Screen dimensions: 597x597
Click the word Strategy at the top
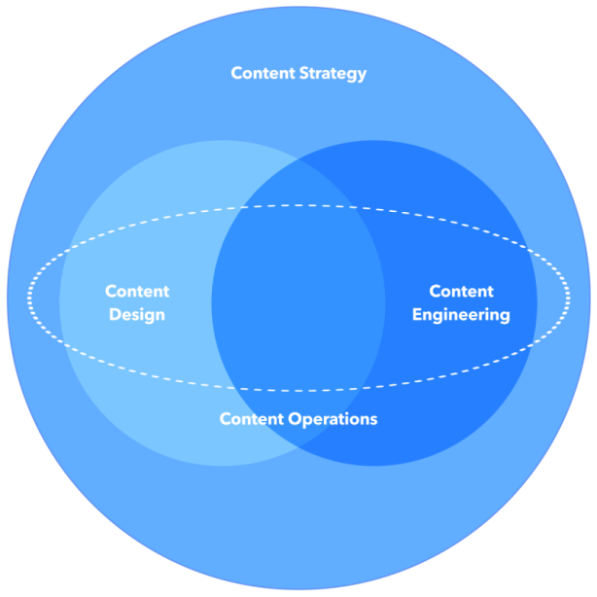333,74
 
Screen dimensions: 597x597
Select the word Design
137,315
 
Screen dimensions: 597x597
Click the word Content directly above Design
137,292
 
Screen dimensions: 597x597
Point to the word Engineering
461,315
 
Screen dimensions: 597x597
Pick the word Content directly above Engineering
461,292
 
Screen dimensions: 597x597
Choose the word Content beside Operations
252,420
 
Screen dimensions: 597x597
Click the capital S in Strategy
302,73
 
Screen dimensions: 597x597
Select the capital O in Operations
294,420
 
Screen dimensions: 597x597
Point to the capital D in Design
115,315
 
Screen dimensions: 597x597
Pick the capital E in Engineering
417,315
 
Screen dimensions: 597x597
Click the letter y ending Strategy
362,76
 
